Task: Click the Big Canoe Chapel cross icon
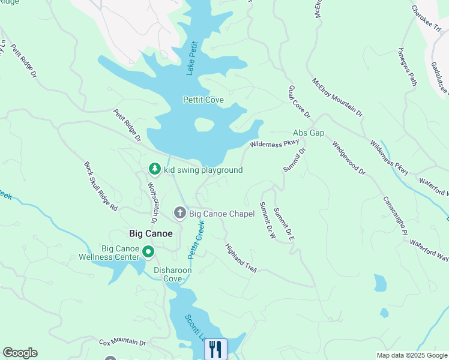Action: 179,213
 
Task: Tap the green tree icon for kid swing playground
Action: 155,170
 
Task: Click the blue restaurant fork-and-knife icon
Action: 215,349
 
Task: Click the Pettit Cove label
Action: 203,100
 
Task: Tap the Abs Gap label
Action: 309,133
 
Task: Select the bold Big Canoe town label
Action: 151,233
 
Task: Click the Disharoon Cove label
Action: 173,274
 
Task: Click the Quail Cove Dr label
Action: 299,101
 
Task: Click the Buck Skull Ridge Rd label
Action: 101,186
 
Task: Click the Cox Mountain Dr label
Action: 122,343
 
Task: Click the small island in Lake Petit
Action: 204,125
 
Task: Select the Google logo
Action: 20,353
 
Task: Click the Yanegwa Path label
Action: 406,67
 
